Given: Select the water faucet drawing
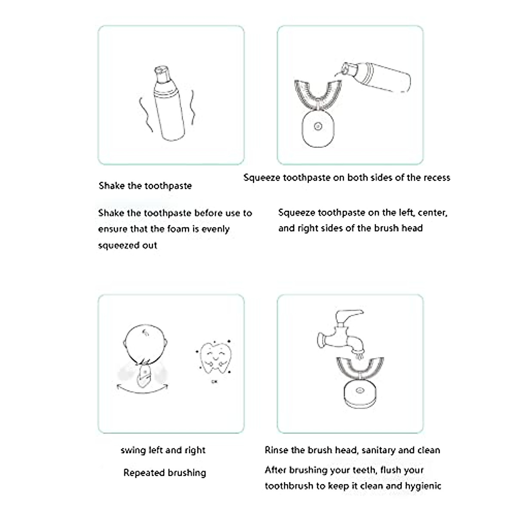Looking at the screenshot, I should tap(338, 335).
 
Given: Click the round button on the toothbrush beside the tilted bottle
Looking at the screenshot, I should tap(318, 127).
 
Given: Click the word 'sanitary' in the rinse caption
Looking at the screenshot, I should tap(378, 450).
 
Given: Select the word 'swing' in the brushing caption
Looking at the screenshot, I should tap(133, 450).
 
